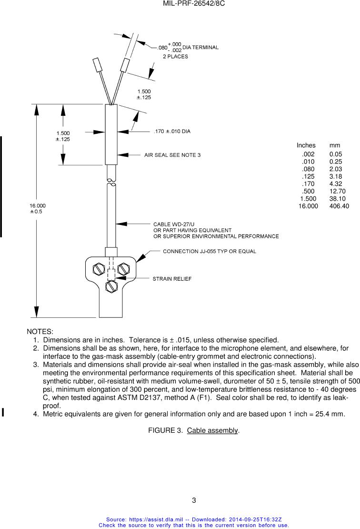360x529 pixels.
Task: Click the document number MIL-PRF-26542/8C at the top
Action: [194, 3]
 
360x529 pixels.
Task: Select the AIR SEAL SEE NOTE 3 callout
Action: [172, 155]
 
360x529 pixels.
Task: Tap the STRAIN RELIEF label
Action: [172, 279]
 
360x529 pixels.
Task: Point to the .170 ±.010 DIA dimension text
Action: [172, 131]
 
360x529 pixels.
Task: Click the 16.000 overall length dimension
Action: [38, 205]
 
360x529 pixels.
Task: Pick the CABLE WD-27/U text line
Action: [174, 224]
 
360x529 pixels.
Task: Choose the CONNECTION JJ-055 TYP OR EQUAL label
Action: [210, 251]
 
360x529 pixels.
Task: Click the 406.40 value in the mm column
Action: [339, 206]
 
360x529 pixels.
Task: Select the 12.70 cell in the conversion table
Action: [337, 191]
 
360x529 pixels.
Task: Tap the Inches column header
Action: [306, 145]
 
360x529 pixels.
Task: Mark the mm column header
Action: [335, 145]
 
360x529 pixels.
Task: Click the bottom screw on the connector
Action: [111, 287]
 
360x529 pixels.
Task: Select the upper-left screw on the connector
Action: [99, 269]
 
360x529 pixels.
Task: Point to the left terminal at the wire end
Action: [97, 65]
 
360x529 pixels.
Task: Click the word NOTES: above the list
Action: [40, 332]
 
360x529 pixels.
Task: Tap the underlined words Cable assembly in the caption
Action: [212, 430]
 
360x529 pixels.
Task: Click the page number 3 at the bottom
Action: [194, 500]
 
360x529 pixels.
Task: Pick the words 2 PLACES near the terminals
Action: [175, 56]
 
